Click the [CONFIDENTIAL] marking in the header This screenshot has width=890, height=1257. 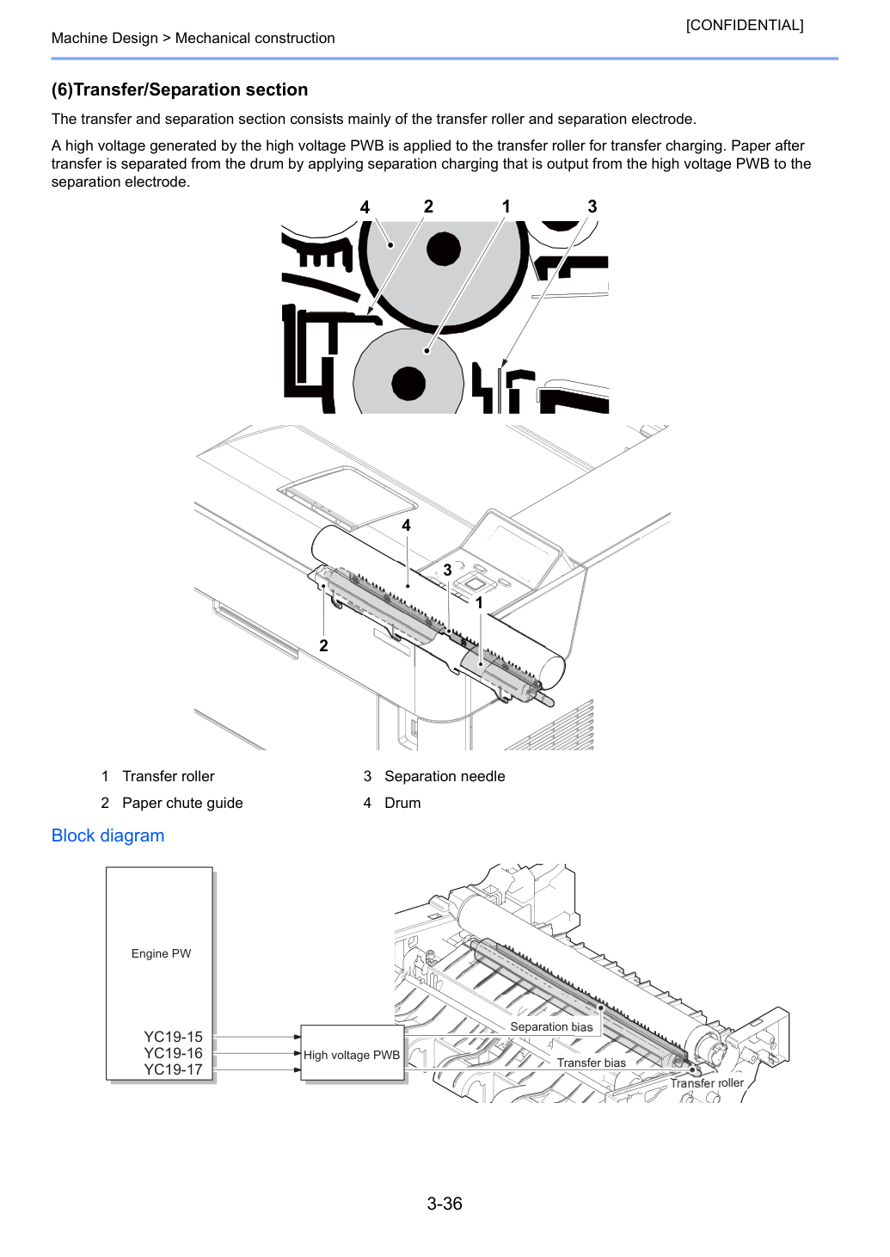tap(744, 25)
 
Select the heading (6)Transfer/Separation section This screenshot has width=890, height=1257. tap(180, 89)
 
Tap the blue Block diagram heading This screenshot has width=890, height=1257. tap(107, 835)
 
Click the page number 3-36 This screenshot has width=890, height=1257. tap(445, 1203)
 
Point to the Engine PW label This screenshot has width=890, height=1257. tap(161, 953)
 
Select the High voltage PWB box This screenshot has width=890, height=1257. tap(353, 1053)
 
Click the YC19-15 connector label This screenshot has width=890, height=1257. tap(173, 1037)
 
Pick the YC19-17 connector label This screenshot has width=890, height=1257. tap(173, 1069)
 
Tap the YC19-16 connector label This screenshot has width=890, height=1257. tap(173, 1053)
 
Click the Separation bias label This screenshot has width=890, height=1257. tap(551, 1027)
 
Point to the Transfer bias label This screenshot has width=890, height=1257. tap(591, 1063)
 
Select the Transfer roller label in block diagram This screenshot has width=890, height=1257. tap(707, 1083)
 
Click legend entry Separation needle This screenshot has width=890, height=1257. tap(445, 776)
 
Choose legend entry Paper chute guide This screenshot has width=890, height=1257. tap(182, 803)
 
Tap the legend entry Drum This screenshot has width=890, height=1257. tap(402, 803)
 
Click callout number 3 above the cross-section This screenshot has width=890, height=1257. tap(592, 206)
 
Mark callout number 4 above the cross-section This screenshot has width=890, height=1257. tap(365, 207)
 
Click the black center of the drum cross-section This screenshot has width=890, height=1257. tap(444, 250)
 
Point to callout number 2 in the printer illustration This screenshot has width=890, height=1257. tap(323, 645)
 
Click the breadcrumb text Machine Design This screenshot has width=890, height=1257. tap(104, 38)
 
